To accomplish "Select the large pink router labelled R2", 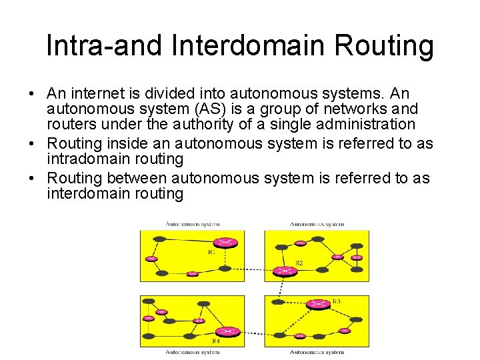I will (x=286, y=271).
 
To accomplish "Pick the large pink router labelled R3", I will (x=318, y=304).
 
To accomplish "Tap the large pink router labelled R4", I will (x=227, y=332).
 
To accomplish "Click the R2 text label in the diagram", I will (x=299, y=263).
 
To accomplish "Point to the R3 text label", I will (x=336, y=301).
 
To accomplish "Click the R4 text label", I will (x=215, y=341).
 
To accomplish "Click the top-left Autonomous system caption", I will (x=193, y=224).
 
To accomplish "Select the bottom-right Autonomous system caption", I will (x=317, y=352).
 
